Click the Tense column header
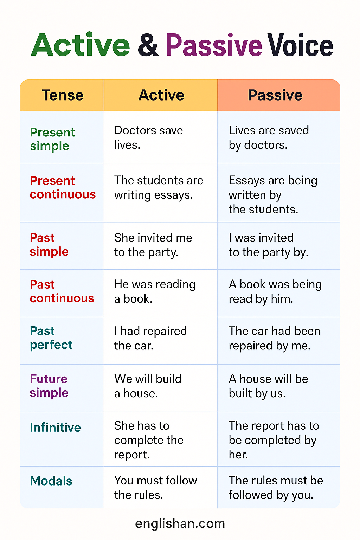(x=63, y=95)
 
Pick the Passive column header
(x=275, y=95)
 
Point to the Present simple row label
(x=52, y=139)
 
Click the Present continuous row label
(x=63, y=187)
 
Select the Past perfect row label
(x=51, y=338)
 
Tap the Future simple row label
(x=49, y=386)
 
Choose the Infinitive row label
(x=55, y=427)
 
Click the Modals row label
(x=51, y=481)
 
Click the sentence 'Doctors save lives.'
(x=148, y=137)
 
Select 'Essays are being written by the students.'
(x=273, y=195)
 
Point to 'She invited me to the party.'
(x=153, y=245)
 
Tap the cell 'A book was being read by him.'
(x=275, y=291)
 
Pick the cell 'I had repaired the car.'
(x=150, y=338)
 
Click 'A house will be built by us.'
(x=268, y=386)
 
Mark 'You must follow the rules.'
(x=155, y=488)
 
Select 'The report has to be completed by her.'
(x=274, y=440)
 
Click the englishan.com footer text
(x=180, y=523)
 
